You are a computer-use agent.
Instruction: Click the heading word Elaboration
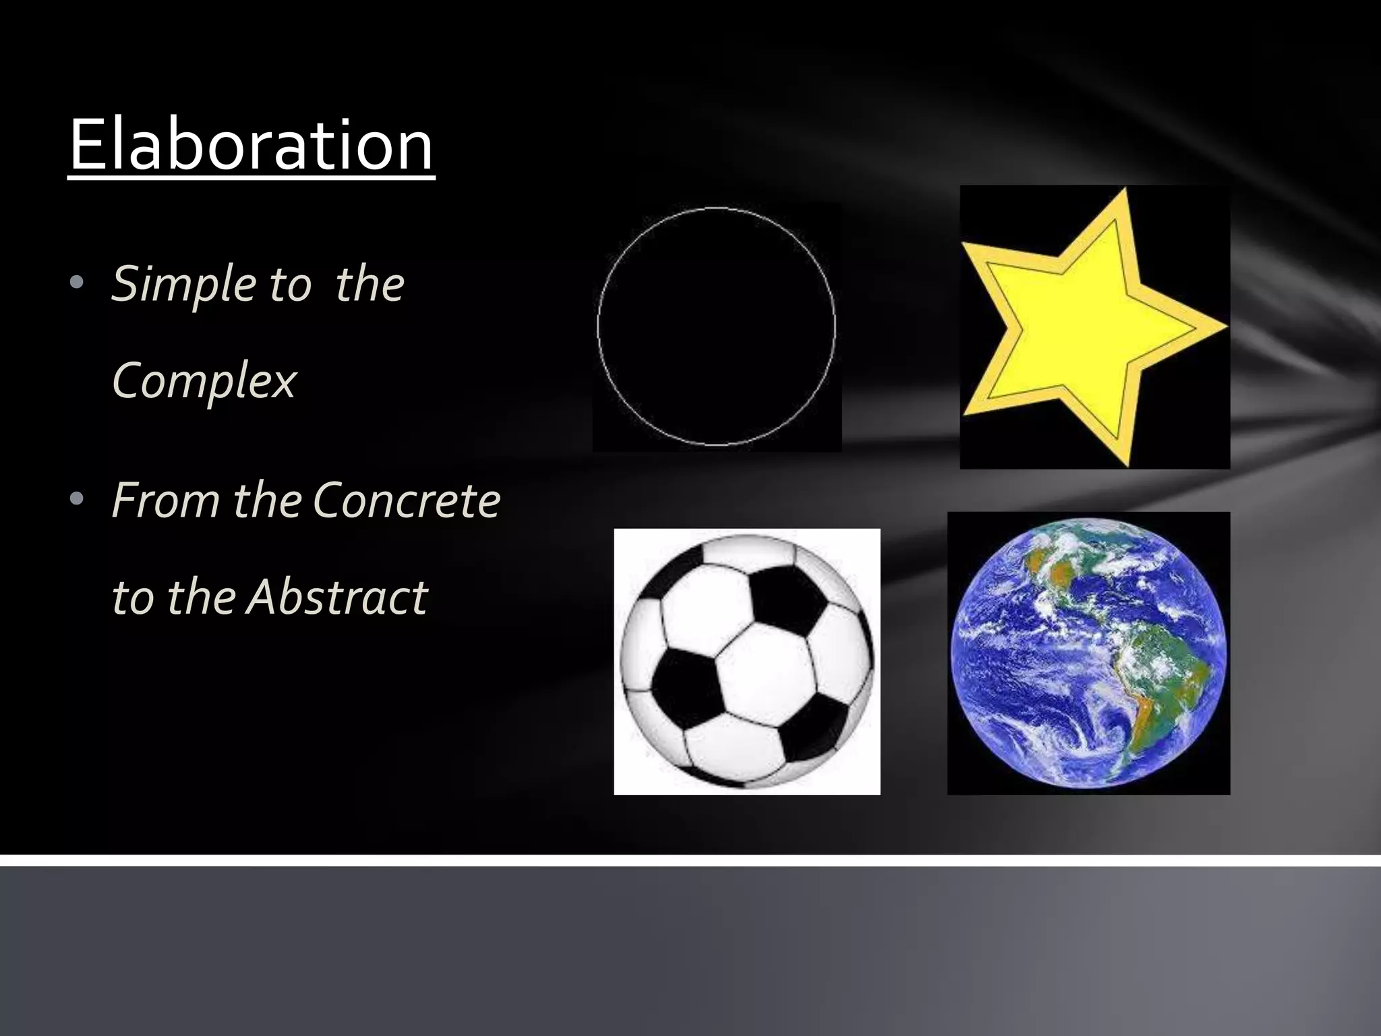[x=251, y=145]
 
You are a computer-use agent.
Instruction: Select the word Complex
[x=204, y=381]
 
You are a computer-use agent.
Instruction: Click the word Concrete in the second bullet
[x=407, y=500]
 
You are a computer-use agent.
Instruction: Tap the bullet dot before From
[x=76, y=499]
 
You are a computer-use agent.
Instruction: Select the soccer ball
[x=746, y=661]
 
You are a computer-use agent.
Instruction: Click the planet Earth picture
[x=1088, y=653]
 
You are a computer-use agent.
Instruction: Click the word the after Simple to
[x=370, y=284]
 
